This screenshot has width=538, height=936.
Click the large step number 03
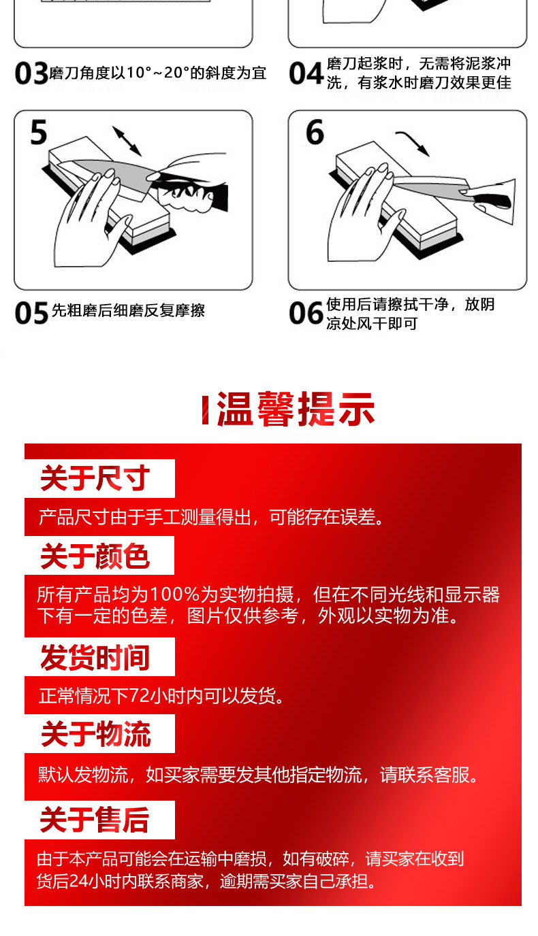tap(31, 73)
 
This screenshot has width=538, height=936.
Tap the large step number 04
tap(306, 73)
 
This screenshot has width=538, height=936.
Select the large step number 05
tap(31, 313)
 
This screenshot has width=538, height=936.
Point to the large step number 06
tap(306, 313)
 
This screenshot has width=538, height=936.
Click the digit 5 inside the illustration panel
tap(39, 132)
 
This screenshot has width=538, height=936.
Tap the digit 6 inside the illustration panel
tap(315, 132)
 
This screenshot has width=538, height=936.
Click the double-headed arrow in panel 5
tap(127, 141)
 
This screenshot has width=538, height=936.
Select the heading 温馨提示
tap(296, 409)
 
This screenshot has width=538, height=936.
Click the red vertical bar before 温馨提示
tap(206, 410)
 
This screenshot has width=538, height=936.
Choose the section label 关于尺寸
tap(95, 478)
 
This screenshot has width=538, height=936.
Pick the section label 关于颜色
tap(95, 556)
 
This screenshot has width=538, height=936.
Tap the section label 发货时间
tap(95, 657)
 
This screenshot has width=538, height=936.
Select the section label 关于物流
tap(96, 734)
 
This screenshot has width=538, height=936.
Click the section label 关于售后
tap(95, 820)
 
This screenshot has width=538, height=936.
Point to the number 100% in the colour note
tap(175, 595)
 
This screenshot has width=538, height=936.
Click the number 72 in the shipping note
tap(139, 696)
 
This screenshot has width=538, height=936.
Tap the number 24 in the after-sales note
tap(80, 882)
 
